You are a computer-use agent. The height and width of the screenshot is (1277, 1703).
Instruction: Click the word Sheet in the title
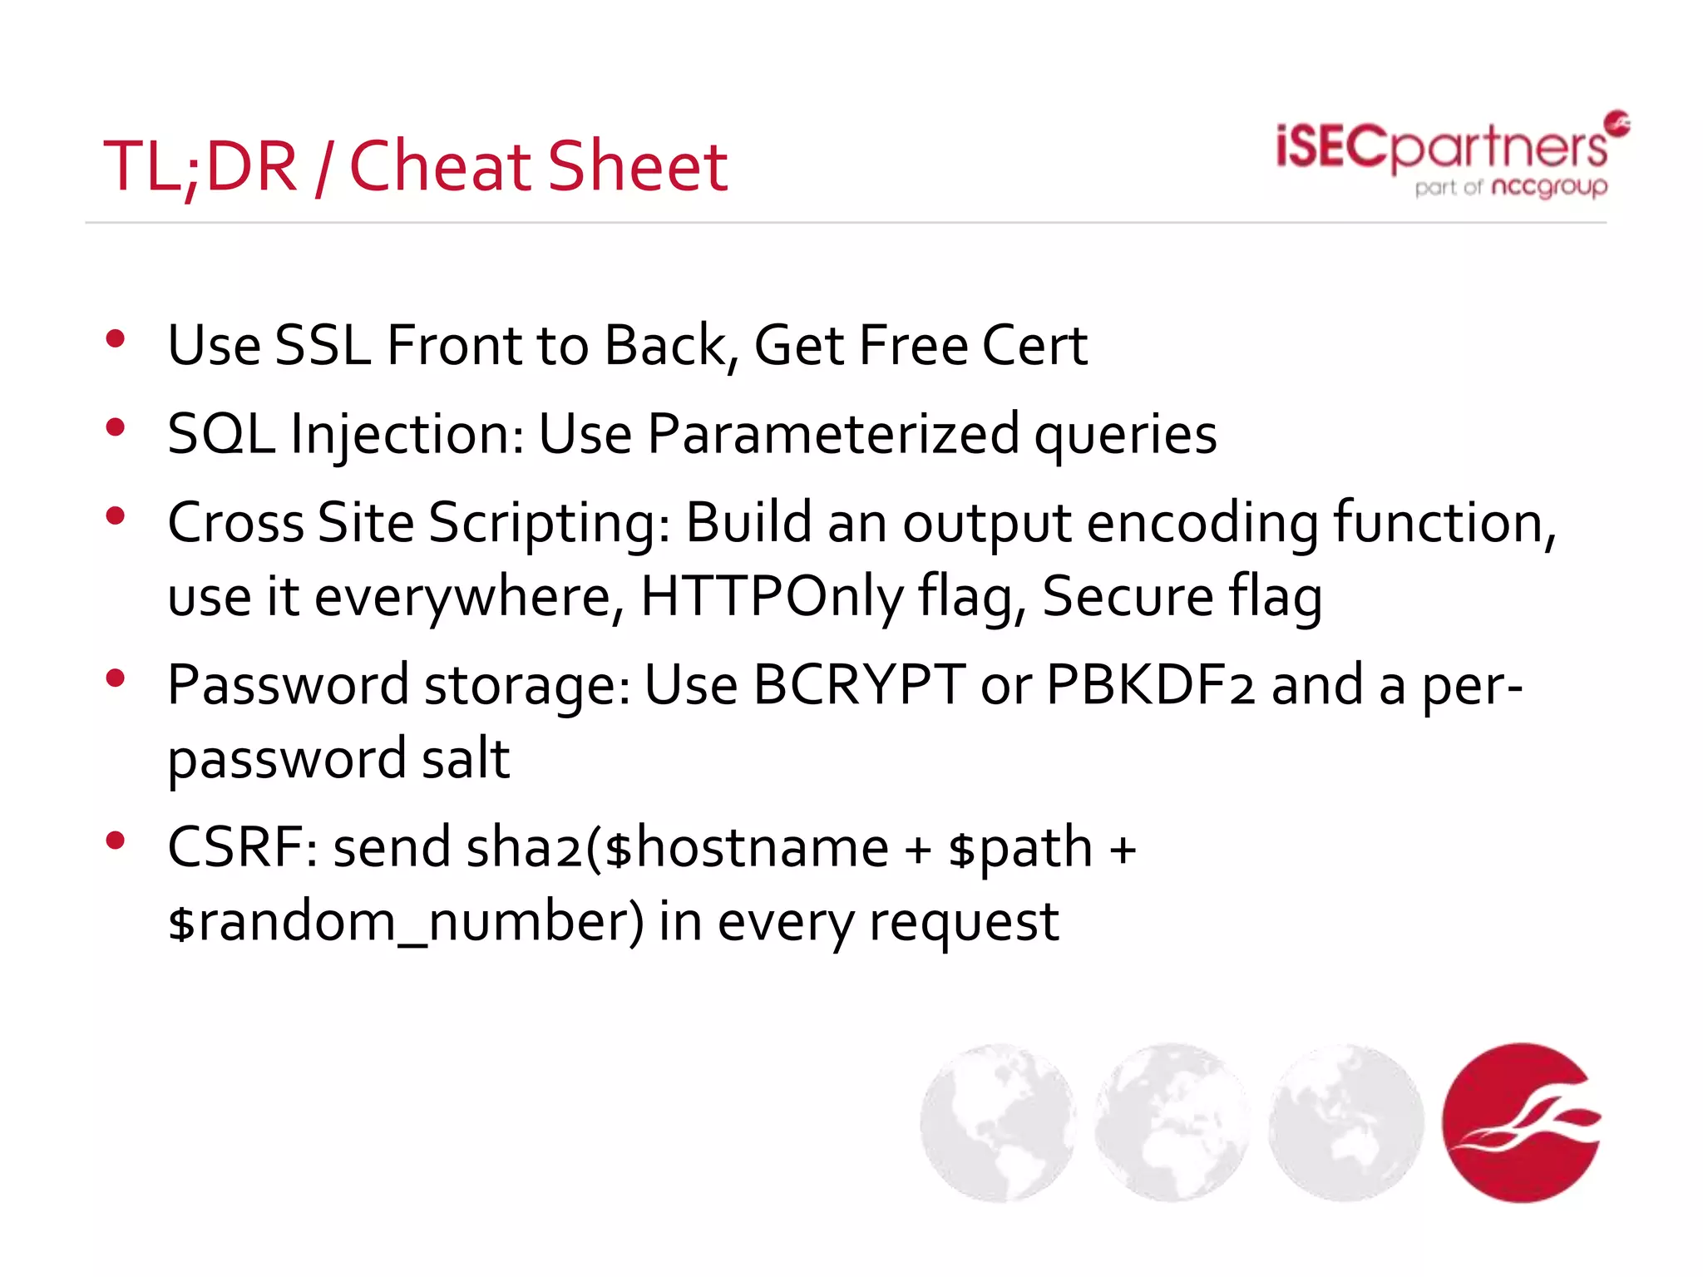[x=638, y=166]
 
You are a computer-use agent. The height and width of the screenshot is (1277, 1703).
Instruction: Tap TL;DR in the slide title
[x=200, y=168]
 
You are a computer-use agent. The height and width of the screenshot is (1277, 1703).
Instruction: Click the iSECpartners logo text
[x=1441, y=148]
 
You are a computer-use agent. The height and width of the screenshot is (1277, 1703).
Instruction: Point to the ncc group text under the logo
[x=1549, y=187]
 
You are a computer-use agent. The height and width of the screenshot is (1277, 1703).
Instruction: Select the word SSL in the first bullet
[x=323, y=345]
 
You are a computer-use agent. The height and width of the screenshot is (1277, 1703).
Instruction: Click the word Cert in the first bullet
[x=1034, y=345]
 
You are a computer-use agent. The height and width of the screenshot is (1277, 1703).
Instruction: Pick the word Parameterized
[x=833, y=434]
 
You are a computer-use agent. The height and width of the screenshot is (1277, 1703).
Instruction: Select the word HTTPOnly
[x=771, y=597]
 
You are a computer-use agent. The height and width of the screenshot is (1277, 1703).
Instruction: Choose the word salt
[x=466, y=758]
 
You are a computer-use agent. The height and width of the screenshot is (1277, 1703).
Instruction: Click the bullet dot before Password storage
[x=116, y=678]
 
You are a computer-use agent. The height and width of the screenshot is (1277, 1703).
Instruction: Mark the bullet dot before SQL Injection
[x=116, y=427]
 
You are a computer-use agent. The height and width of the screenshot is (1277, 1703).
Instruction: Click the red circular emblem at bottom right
[x=1522, y=1122]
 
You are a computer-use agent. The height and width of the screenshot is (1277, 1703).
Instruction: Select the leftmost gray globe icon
[x=998, y=1122]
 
